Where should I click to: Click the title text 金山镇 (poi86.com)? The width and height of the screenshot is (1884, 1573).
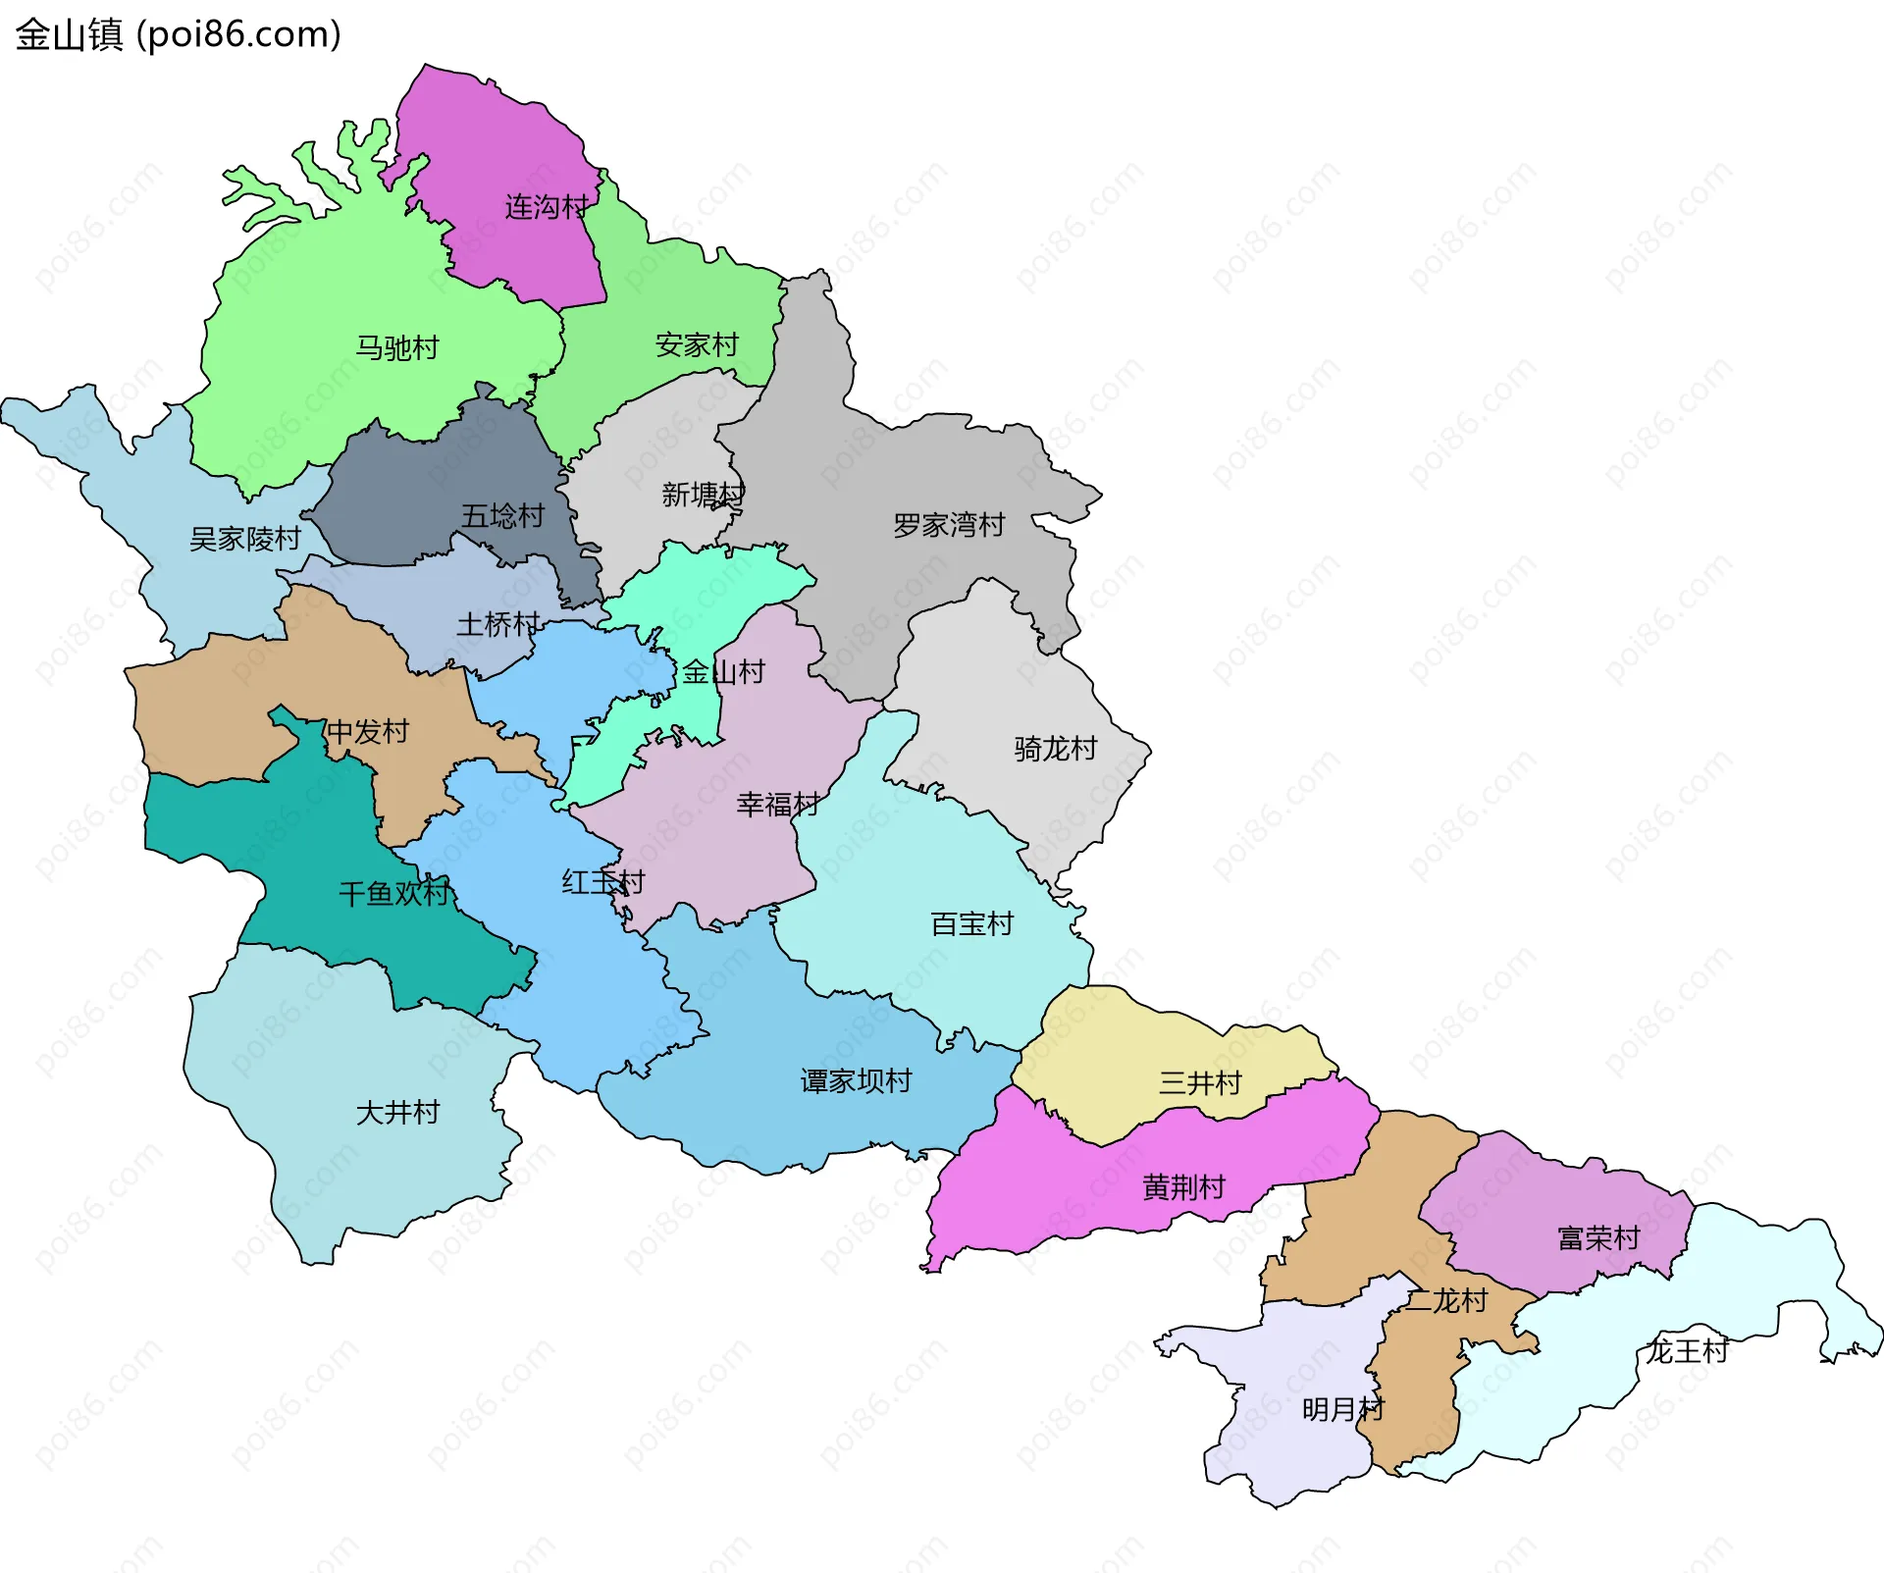tap(178, 34)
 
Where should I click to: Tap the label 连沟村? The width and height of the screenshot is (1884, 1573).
tap(547, 207)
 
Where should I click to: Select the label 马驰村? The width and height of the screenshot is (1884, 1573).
tap(396, 347)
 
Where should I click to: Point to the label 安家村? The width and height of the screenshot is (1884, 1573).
tap(696, 344)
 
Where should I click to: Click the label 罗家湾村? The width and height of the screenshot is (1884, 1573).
tap(948, 525)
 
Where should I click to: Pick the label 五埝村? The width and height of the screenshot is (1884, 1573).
tap(502, 515)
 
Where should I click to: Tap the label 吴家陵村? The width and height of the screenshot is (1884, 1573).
tap(244, 539)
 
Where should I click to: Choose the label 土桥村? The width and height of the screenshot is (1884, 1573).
tap(497, 624)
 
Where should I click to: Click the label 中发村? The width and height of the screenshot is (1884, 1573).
tap(367, 731)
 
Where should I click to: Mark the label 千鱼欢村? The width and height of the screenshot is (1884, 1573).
tap(393, 893)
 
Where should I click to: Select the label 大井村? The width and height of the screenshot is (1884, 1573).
tap(397, 1112)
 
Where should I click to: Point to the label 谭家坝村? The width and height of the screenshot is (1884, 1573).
tap(856, 1080)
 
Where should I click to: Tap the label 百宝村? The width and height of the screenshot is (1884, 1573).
tap(970, 923)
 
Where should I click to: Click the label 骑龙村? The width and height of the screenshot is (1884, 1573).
tap(1055, 749)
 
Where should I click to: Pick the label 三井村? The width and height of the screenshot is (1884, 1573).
tap(1199, 1082)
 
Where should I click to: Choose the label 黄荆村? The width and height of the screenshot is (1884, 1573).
tap(1183, 1187)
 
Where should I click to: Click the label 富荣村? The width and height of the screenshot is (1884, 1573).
tap(1598, 1237)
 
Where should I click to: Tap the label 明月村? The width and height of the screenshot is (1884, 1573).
tap(1342, 1409)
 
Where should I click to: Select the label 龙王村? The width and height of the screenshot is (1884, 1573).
tap(1687, 1350)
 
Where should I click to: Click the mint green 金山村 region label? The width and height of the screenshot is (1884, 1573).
tap(723, 672)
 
